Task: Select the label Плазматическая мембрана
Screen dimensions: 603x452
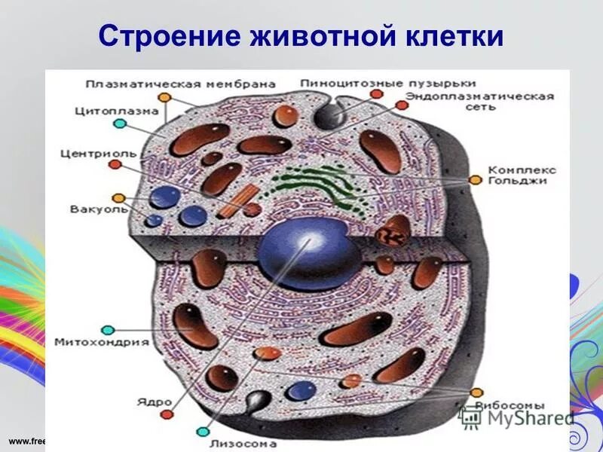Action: click(x=179, y=84)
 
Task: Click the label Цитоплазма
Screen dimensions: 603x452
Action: click(x=117, y=110)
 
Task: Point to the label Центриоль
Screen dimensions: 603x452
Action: click(x=98, y=154)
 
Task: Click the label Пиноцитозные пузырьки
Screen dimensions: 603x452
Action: click(x=387, y=84)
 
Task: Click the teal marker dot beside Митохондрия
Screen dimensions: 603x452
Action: click(x=108, y=330)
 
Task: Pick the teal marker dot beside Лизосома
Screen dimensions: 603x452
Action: click(x=202, y=432)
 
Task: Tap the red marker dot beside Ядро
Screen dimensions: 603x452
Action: click(x=166, y=414)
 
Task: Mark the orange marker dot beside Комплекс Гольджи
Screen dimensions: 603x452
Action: click(x=475, y=180)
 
